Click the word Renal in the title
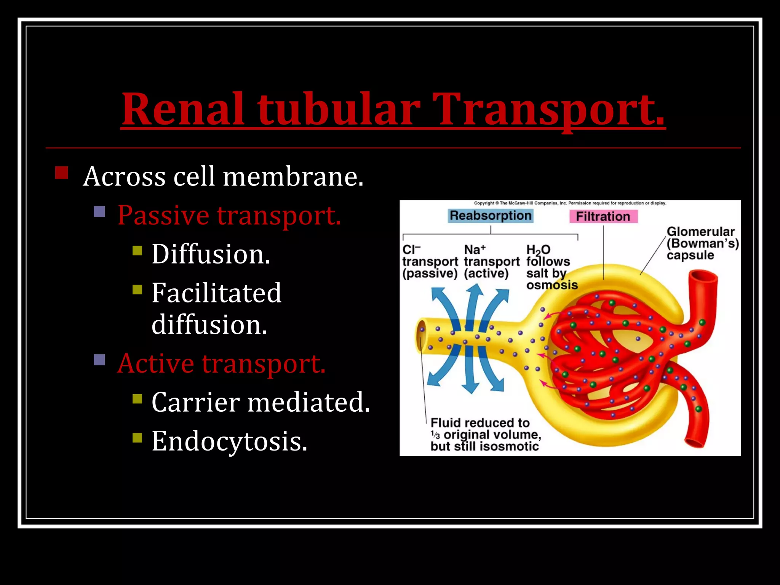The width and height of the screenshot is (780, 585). click(x=183, y=109)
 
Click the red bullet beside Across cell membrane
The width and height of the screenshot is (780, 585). click(x=61, y=173)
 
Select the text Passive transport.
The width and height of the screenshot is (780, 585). click(x=229, y=215)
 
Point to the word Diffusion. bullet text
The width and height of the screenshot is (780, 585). click(x=211, y=254)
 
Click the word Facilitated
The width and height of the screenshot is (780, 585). click(x=216, y=293)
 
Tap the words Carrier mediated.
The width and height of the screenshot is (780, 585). click(x=261, y=402)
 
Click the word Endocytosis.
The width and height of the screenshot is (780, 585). click(x=229, y=441)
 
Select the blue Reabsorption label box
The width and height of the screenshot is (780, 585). click(x=490, y=216)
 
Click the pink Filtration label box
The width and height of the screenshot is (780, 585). click(x=603, y=216)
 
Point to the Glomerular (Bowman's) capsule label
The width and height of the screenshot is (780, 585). click(x=702, y=243)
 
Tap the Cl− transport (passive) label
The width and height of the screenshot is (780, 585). click(x=430, y=262)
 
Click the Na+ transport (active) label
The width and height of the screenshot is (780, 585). click(x=491, y=262)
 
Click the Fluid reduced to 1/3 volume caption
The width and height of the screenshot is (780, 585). click(x=485, y=435)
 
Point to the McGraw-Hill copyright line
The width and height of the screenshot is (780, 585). click(x=570, y=203)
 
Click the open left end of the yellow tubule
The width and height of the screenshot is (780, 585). click(x=422, y=335)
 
